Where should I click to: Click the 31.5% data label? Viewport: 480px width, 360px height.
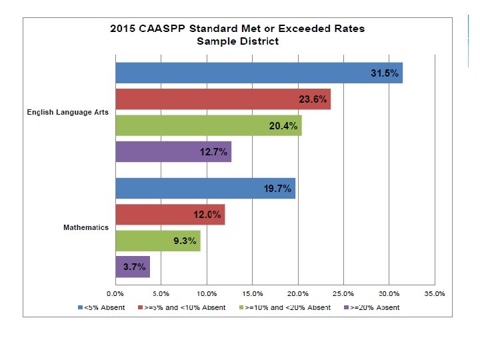(x=385, y=73)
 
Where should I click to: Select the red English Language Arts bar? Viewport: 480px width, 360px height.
(x=223, y=99)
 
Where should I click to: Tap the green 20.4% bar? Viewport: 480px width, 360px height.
(x=208, y=125)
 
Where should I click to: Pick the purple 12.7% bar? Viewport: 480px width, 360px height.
(x=173, y=151)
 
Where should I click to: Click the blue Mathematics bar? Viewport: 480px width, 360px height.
(x=205, y=189)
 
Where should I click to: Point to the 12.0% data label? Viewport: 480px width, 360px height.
(x=207, y=215)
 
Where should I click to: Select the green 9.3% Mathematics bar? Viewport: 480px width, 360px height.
(x=157, y=241)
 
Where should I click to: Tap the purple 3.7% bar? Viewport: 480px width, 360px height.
(x=132, y=267)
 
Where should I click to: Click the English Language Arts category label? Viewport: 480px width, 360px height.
(x=68, y=113)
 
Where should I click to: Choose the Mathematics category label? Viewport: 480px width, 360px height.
(x=86, y=227)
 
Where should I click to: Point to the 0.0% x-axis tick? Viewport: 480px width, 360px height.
(x=115, y=293)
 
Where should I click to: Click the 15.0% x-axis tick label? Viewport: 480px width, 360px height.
(x=252, y=293)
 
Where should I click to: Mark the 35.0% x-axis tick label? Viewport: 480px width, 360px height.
(x=435, y=293)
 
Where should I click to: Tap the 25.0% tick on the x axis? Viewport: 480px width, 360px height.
(x=343, y=293)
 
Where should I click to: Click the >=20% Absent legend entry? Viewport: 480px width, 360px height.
(x=371, y=307)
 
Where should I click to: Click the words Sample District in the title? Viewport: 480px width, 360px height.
(x=237, y=41)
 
